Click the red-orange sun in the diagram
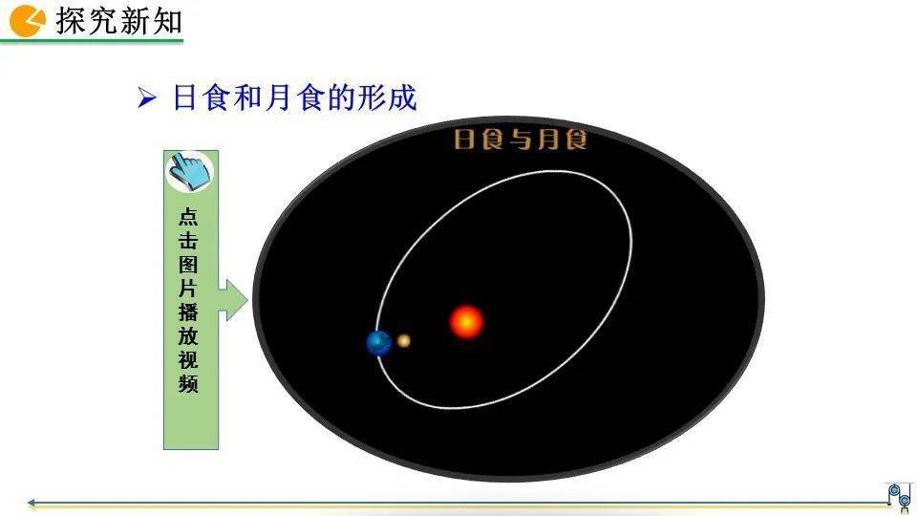[x=466, y=322]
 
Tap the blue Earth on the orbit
[x=379, y=342]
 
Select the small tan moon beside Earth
[x=404, y=340]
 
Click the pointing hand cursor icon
[x=189, y=171]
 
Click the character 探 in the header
[x=72, y=20]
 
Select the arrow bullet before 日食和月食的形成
[x=146, y=98]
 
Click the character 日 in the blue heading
[x=184, y=98]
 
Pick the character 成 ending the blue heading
[x=404, y=98]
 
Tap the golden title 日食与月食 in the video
[x=520, y=140]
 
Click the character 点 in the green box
[x=189, y=217]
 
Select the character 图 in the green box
[x=189, y=265]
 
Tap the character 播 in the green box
[x=189, y=312]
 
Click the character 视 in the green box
[x=189, y=360]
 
